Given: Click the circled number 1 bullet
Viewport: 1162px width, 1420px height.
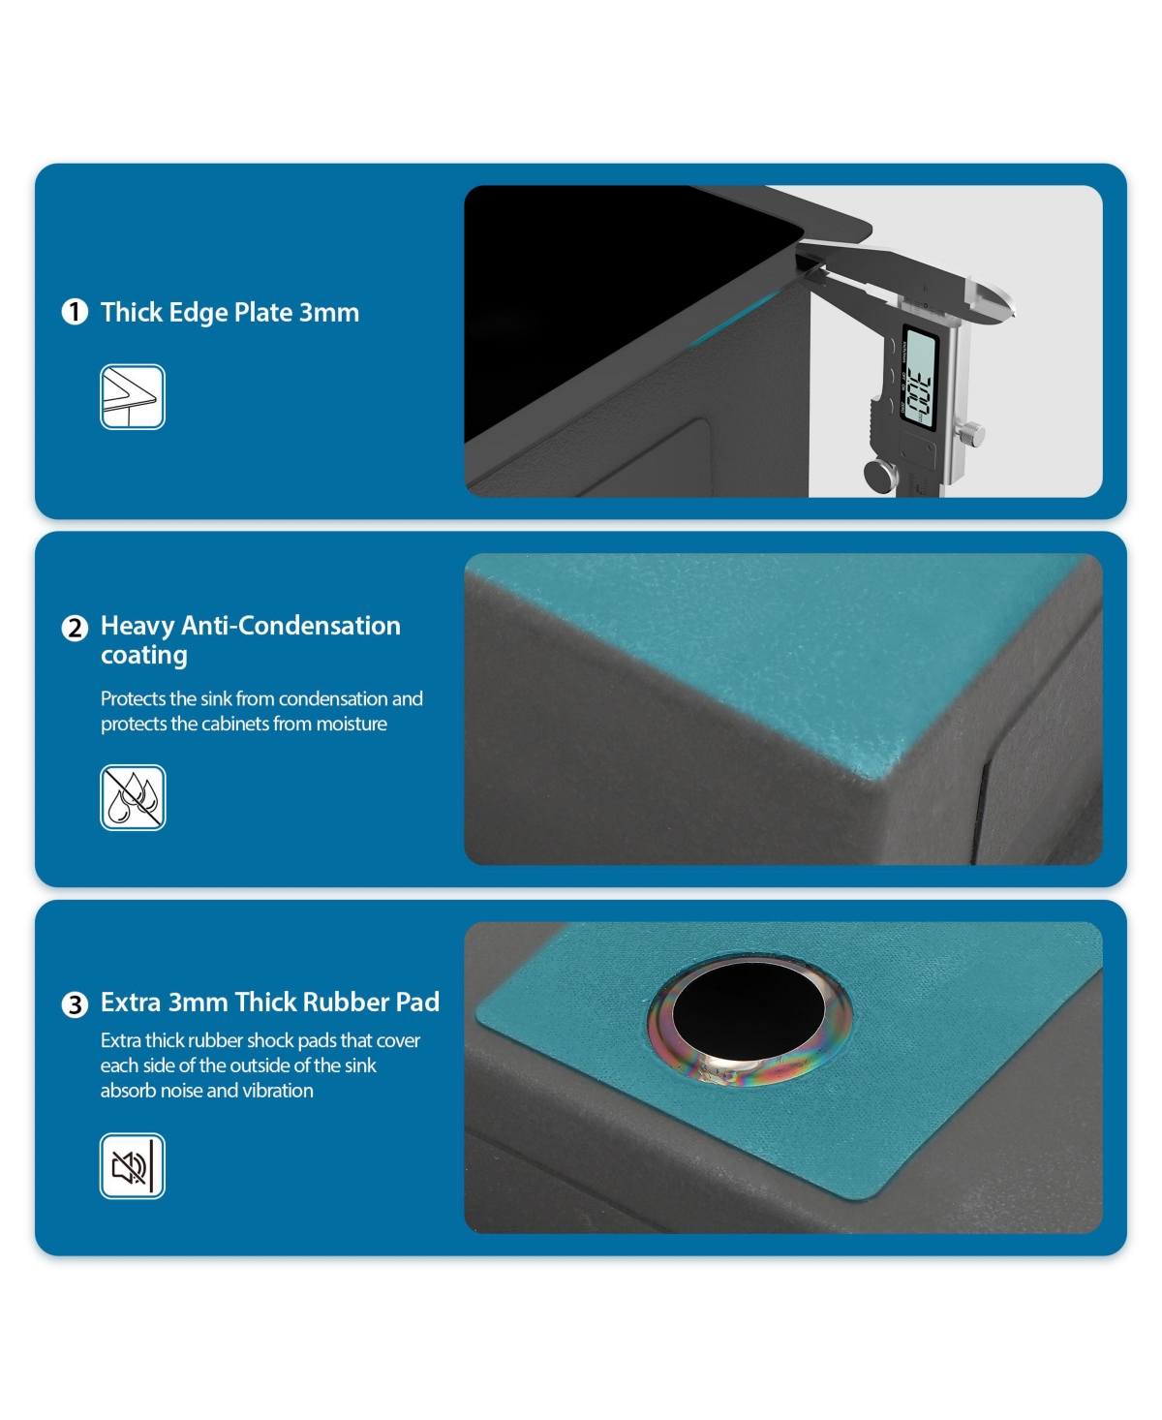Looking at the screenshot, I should click(75, 312).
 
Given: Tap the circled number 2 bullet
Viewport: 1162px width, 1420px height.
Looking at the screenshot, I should click(75, 629).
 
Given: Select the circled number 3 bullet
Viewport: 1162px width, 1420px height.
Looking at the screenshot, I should click(75, 1004).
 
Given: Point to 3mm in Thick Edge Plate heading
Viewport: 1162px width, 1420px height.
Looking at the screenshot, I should click(329, 313).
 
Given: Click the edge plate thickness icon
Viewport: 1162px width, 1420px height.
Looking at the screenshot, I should click(133, 397).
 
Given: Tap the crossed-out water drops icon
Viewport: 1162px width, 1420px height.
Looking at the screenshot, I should click(133, 797).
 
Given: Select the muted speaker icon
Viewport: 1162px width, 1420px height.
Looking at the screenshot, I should click(133, 1166).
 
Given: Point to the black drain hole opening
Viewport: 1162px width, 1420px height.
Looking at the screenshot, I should click(748, 1012).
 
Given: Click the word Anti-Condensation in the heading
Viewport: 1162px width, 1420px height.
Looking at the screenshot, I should click(291, 626).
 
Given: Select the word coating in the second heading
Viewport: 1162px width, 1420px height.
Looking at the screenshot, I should click(144, 656).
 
